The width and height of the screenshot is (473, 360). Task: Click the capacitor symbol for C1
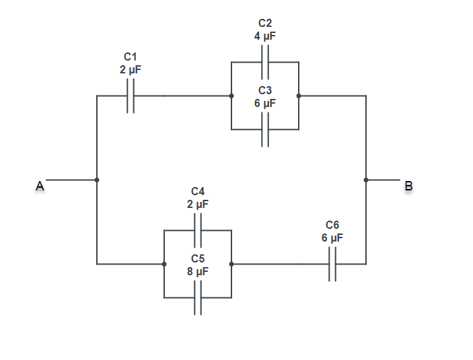click(131, 96)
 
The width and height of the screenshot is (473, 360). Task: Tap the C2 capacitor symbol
click(265, 62)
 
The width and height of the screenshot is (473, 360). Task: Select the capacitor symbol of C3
click(265, 129)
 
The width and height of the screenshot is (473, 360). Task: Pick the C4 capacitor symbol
click(198, 230)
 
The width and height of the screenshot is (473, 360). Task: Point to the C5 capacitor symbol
click(198, 297)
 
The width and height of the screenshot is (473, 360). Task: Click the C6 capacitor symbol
click(332, 264)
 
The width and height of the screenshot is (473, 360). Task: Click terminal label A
click(40, 186)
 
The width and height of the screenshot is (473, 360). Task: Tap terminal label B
click(408, 186)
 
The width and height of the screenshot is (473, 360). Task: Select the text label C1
click(131, 57)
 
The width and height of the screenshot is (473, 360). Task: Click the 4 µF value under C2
click(265, 36)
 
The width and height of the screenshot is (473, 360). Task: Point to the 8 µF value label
click(198, 271)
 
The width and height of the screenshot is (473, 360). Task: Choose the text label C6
click(332, 225)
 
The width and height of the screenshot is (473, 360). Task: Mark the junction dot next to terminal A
click(97, 180)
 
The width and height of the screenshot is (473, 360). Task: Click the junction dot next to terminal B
click(366, 180)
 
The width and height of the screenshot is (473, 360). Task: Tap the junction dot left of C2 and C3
click(231, 96)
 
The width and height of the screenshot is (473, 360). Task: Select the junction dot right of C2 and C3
click(299, 96)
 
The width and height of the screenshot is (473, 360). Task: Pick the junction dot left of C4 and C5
click(164, 264)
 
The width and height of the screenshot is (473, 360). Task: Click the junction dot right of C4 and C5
click(231, 264)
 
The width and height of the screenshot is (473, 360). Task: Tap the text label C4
click(198, 191)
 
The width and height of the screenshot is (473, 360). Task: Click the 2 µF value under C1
click(131, 69)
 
